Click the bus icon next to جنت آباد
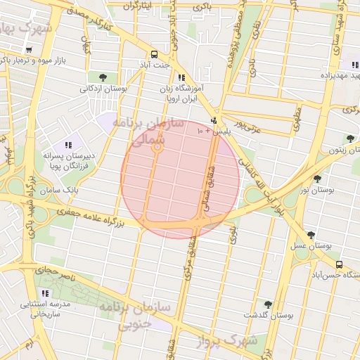click(x=154, y=54)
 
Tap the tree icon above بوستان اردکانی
click(x=103, y=77)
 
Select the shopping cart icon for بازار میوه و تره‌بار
click(x=28, y=50)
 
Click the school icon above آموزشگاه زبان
click(x=181, y=78)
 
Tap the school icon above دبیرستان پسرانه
click(x=68, y=144)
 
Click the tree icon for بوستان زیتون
click(x=349, y=138)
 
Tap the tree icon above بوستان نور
click(x=317, y=179)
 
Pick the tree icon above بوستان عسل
click(x=311, y=235)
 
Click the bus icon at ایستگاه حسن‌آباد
click(x=340, y=265)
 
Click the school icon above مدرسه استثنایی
click(x=46, y=293)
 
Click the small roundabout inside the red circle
click(x=157, y=148)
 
